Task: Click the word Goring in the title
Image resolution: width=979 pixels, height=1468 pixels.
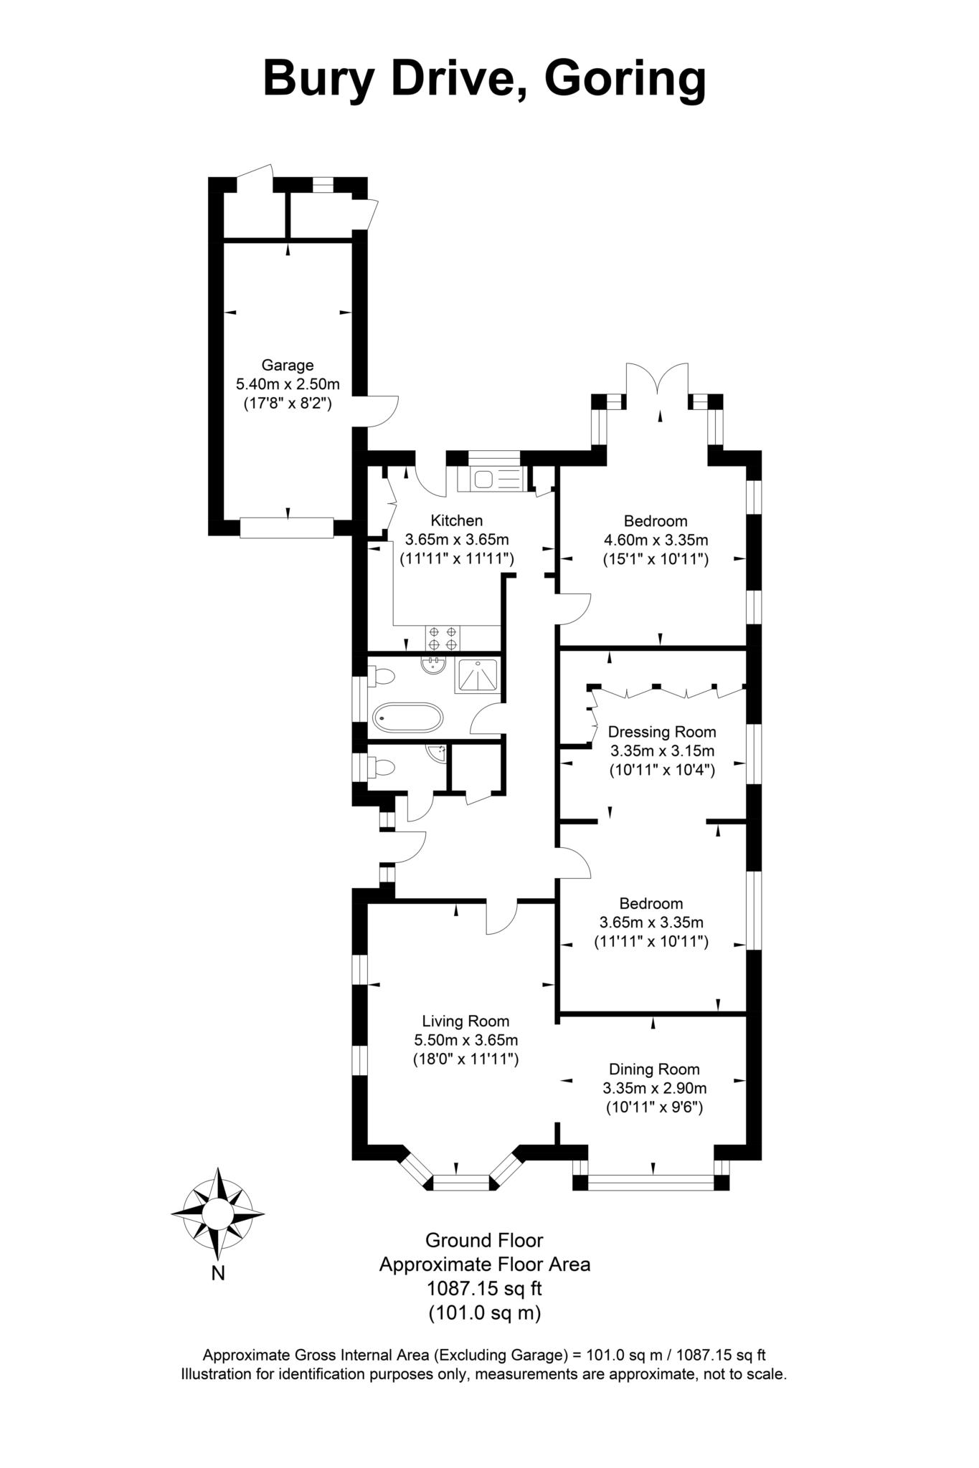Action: coord(625,79)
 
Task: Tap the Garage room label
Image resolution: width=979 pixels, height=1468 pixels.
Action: coord(287,365)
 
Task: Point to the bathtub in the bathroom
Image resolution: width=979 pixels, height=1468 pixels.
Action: coord(407,716)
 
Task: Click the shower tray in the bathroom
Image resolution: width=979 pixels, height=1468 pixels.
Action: coord(476,675)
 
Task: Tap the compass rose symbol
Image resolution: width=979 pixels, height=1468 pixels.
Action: coord(217,1214)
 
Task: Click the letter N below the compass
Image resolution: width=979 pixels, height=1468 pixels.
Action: coord(218,1273)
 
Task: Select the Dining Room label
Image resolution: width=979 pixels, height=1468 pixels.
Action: coord(653,1069)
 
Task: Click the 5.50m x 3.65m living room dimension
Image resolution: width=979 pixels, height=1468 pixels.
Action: coord(465,1040)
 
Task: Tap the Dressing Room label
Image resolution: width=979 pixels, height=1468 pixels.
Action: coord(661,732)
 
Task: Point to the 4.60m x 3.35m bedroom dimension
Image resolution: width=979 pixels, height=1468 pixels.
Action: coord(655,540)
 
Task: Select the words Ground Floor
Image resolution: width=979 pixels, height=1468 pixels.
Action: coord(484,1239)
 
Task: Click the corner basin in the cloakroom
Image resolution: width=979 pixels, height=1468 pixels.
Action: coord(437,753)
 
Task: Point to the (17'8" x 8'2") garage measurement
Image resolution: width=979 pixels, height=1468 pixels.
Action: coord(287,404)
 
